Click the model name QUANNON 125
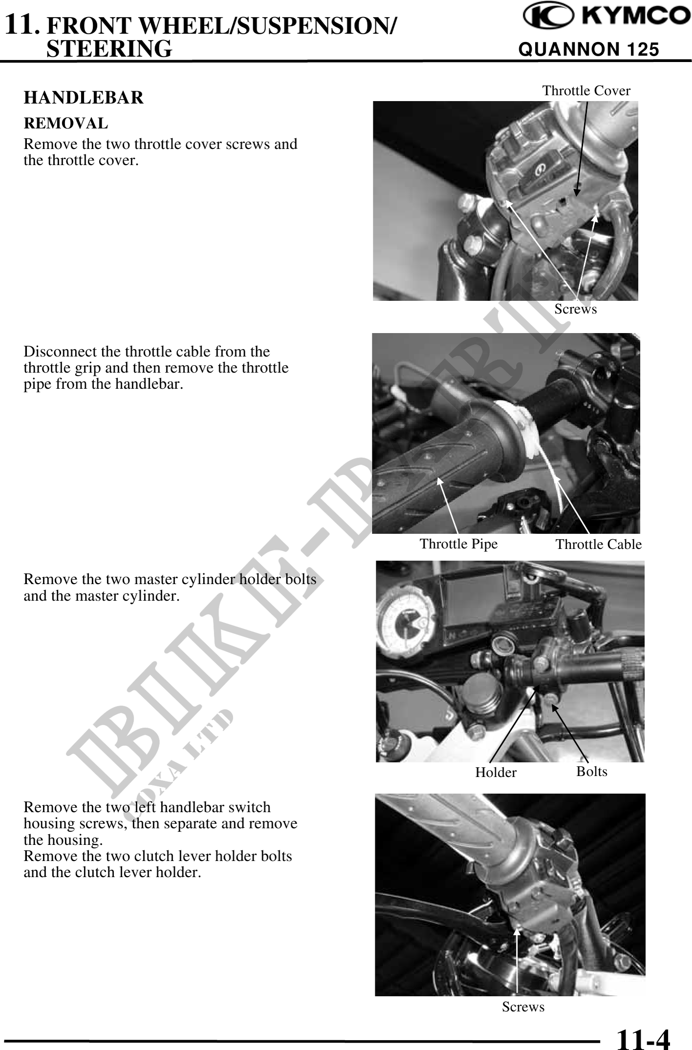(x=588, y=49)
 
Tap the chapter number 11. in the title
(x=21, y=24)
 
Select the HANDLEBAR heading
(x=84, y=98)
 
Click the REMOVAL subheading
(x=66, y=124)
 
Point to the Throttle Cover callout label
(x=586, y=91)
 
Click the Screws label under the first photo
(x=576, y=309)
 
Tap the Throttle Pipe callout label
(x=458, y=544)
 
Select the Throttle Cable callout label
(x=599, y=545)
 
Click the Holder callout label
(x=496, y=773)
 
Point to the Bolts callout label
(x=592, y=772)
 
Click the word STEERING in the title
(x=109, y=49)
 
